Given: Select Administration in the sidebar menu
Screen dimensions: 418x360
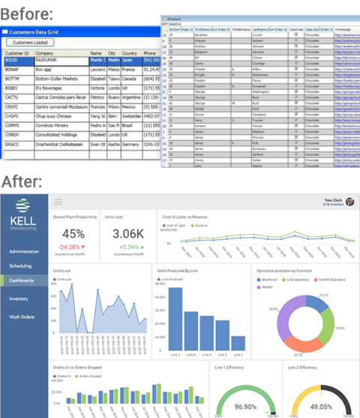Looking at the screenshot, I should [x=24, y=251].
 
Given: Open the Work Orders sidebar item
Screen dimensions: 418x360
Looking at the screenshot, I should [x=22, y=317].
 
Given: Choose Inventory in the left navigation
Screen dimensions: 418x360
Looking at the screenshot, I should [x=19, y=298].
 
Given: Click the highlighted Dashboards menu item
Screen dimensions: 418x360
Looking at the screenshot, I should [x=22, y=280].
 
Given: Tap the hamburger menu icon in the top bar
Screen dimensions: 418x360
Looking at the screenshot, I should [x=58, y=202].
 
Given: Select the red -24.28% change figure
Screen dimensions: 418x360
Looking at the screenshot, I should [x=70, y=246].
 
